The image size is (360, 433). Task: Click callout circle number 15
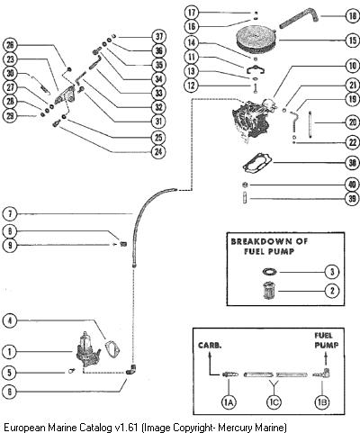353,41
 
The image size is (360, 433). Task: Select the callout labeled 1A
229,402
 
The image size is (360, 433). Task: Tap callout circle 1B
322,402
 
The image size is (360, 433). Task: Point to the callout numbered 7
10,214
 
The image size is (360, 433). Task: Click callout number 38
353,163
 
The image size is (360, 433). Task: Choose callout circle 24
158,152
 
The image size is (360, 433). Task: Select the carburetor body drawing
252,120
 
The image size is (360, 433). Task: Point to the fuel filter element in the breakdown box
269,291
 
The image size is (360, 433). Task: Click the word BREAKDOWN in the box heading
257,241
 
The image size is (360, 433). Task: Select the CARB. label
210,345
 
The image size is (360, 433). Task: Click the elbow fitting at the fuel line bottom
130,369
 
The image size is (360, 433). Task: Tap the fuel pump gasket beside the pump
112,348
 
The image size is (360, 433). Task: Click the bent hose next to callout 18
298,19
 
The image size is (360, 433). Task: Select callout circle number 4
10,320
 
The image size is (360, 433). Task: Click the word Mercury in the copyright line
236,427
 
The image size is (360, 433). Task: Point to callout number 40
353,185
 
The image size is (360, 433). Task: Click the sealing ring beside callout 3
269,271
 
